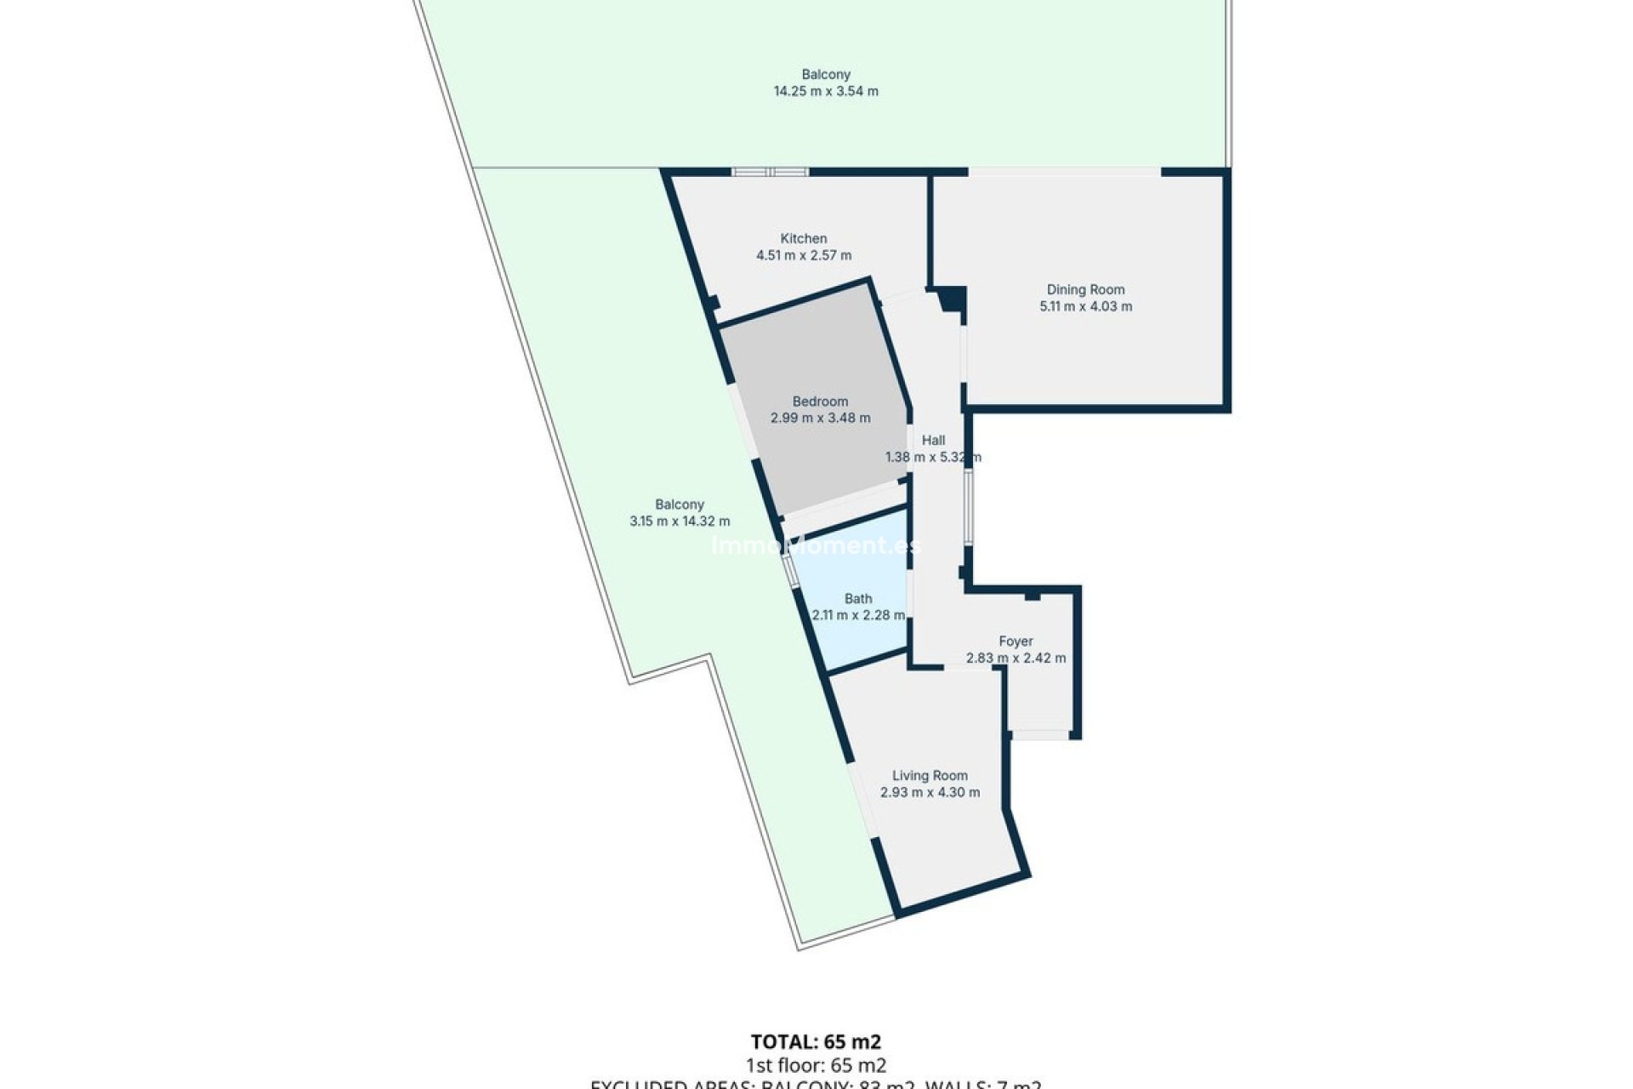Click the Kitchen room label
point(804,239)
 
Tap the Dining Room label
point(1085,290)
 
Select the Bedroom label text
point(820,402)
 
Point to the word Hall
point(933,441)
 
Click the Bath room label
point(858,599)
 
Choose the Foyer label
point(1016,641)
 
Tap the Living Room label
point(930,776)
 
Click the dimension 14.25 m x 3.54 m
point(826,91)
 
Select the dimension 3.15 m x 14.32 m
point(680,522)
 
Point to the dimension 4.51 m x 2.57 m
point(804,255)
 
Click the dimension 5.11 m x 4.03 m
point(1085,306)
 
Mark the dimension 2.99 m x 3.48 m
point(820,418)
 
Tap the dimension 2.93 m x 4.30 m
point(930,792)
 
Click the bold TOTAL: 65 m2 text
point(816,1041)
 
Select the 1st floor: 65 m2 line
point(816,1065)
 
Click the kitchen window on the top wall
point(770,172)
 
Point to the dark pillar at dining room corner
point(952,299)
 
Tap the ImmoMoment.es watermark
point(816,545)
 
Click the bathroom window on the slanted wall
point(790,571)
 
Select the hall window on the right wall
point(968,507)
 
